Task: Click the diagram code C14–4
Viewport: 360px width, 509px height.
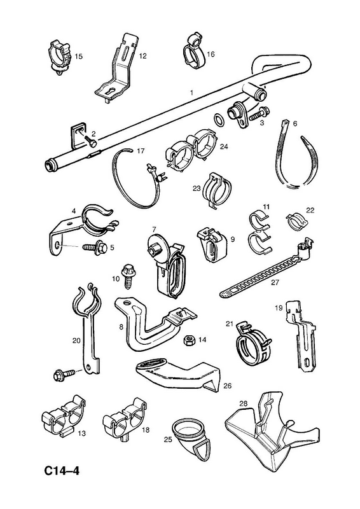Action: tap(62, 471)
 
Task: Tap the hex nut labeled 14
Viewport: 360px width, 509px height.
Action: tap(188, 340)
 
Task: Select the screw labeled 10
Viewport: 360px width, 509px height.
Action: tap(128, 275)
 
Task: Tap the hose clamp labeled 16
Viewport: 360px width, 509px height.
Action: tap(194, 52)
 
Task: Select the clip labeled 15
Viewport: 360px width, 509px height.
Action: tap(60, 57)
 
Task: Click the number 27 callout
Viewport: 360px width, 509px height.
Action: tap(275, 282)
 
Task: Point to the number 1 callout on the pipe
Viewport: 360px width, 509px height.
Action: tap(191, 93)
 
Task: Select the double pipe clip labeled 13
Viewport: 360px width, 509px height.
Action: tap(64, 415)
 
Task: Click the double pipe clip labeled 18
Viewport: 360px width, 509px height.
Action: tap(125, 418)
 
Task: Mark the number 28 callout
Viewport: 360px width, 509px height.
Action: tap(244, 403)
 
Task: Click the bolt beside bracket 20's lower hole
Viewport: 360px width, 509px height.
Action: tap(64, 374)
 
